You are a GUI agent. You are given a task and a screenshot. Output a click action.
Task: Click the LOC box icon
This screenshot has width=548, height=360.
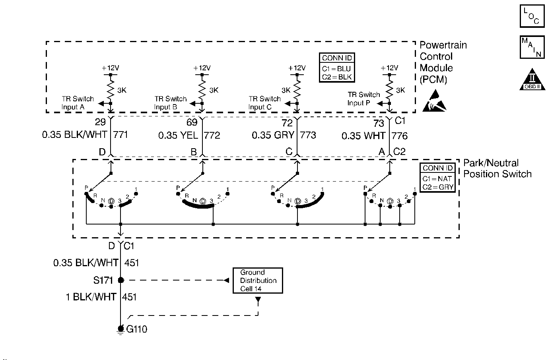click(x=532, y=16)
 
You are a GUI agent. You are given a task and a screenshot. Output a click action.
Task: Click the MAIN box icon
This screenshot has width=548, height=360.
click(x=532, y=47)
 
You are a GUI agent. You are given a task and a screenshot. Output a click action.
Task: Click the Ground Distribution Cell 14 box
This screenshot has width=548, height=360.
click(x=258, y=280)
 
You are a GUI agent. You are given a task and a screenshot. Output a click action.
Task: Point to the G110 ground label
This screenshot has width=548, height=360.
click(x=136, y=329)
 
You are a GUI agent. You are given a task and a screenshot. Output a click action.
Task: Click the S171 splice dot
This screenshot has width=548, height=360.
click(x=120, y=280)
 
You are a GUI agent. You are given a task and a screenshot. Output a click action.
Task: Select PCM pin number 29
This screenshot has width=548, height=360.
click(x=100, y=122)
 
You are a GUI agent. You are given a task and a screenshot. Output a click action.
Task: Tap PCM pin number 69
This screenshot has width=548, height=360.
click(x=192, y=122)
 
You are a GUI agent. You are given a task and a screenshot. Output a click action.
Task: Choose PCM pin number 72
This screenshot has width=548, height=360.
click(x=287, y=123)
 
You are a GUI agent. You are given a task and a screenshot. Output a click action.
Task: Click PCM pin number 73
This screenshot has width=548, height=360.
click(x=379, y=123)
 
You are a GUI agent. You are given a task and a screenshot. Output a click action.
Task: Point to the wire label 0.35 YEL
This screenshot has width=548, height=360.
click(x=178, y=135)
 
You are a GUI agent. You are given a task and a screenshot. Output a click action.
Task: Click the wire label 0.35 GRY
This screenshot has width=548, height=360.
click(x=273, y=135)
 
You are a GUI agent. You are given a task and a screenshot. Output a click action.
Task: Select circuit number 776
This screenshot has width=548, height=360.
click(x=400, y=135)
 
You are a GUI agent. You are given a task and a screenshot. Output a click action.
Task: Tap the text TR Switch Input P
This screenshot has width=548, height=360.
click(x=364, y=99)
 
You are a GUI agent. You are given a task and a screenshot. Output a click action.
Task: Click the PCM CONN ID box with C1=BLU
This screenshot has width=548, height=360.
click(x=337, y=68)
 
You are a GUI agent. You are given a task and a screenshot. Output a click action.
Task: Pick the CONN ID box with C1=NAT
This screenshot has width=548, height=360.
click(x=437, y=178)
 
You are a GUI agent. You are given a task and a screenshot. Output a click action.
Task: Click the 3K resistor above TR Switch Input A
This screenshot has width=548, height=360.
click(x=111, y=89)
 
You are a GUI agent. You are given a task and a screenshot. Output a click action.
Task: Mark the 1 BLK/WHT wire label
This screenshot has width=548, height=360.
click(x=91, y=297)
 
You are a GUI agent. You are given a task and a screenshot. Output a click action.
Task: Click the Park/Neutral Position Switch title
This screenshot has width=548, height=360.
click(x=497, y=168)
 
